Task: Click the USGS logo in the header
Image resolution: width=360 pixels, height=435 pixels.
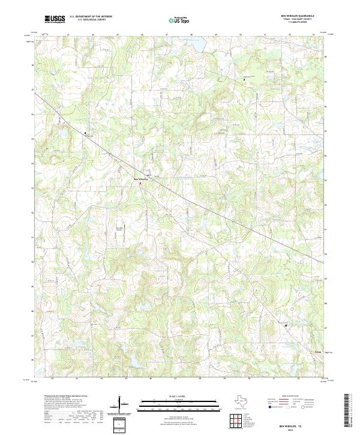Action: [55, 19]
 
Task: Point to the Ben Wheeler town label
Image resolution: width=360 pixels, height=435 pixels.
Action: [140, 179]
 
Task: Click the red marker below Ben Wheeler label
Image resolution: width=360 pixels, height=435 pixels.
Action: [141, 184]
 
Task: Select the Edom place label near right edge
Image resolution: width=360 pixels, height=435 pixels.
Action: [318, 352]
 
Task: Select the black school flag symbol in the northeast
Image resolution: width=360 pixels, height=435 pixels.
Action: [244, 79]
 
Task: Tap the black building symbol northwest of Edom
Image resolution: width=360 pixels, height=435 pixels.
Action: [286, 325]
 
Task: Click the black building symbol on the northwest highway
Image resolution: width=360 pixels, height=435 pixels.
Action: [85, 133]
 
